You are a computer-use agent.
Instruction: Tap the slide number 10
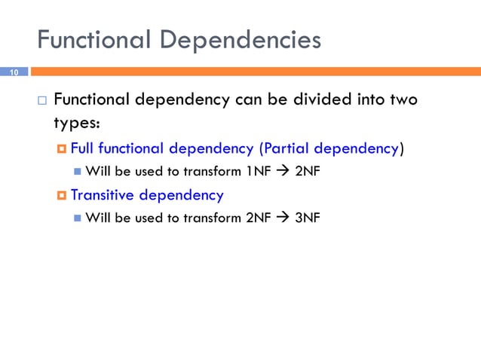coord(14,72)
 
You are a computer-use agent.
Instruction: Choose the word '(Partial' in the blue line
coord(284,148)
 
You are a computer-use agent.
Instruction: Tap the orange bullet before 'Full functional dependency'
coord(61,149)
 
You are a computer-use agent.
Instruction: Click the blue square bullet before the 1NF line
coord(78,172)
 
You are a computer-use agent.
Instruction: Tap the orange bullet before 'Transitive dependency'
coord(61,196)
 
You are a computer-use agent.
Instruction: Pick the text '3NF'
coord(308,218)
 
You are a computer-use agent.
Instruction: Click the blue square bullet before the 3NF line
coord(78,219)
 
